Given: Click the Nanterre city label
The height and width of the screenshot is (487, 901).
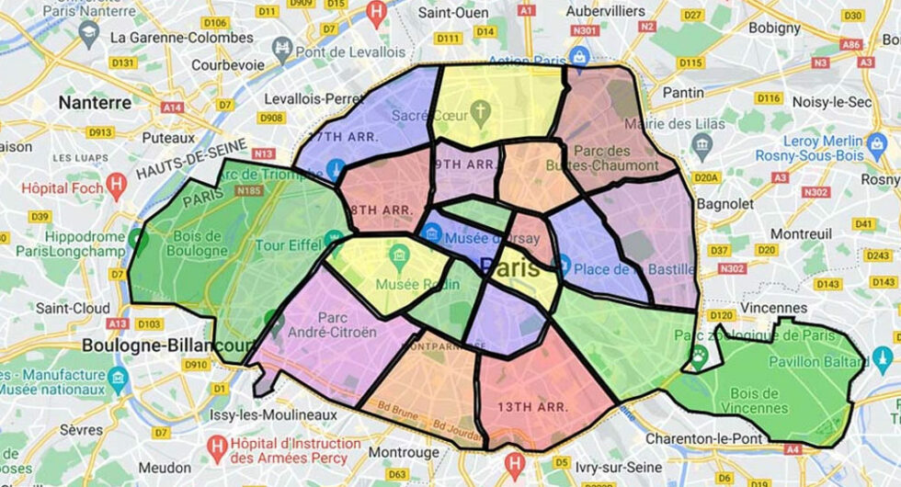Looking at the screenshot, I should [95, 102].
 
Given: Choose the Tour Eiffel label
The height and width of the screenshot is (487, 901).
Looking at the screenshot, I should [286, 245].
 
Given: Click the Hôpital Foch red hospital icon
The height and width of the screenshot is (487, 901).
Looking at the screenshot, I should [116, 183].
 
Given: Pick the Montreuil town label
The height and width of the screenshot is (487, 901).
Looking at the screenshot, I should [774, 234].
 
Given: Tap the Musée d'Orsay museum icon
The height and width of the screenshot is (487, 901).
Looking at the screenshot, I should [430, 231].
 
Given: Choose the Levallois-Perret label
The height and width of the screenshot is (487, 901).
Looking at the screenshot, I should [314, 97].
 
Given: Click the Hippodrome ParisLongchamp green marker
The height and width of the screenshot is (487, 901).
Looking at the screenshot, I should [138, 240].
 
